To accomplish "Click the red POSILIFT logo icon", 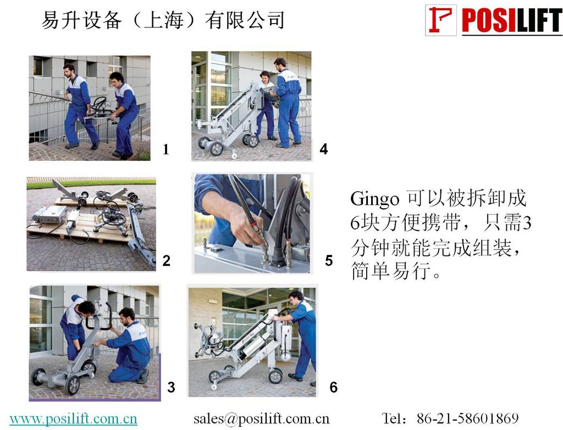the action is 441,20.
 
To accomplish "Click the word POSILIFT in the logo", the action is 512,21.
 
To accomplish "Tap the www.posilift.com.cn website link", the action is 73,418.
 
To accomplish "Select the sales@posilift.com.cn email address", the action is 261,418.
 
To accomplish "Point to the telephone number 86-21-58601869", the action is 467,418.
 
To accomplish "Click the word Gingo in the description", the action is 374,199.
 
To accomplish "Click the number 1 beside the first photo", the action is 165,149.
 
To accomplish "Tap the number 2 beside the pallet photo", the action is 166,261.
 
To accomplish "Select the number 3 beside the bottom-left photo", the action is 172,387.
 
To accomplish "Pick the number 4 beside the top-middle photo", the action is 323,149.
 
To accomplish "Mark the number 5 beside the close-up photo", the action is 329,261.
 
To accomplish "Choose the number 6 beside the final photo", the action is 334,387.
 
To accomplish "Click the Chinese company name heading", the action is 163,20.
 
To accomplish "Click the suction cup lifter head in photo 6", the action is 208,339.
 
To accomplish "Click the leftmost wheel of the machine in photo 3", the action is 38,377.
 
